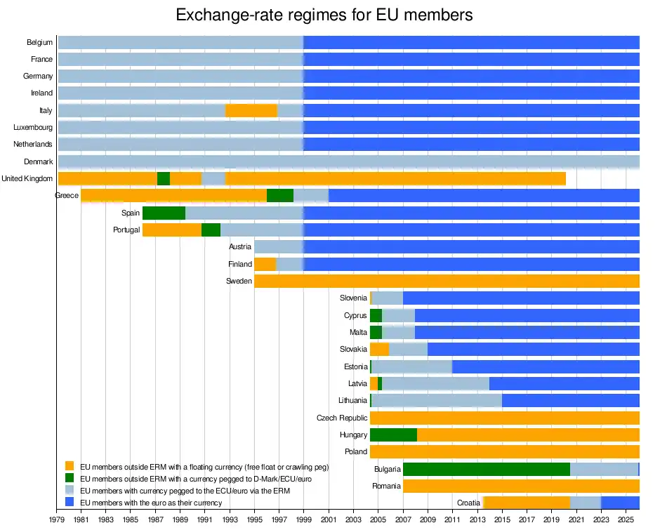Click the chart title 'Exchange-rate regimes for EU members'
[x=324, y=15]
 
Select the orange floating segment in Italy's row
[x=251, y=110]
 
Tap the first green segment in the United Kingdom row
[x=164, y=178]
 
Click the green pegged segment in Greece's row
[x=280, y=195]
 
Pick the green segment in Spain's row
[x=164, y=213]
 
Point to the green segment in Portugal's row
[x=211, y=230]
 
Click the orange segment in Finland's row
[x=265, y=264]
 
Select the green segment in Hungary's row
[x=393, y=435]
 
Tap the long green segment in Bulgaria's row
[x=486, y=469]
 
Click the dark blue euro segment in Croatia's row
[x=620, y=503]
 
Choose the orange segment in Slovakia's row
[x=379, y=349]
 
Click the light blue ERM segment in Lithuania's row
[x=437, y=400]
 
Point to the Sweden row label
[x=239, y=281]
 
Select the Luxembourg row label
[x=33, y=128]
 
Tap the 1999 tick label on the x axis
[x=303, y=519]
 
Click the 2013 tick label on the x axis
[x=477, y=519]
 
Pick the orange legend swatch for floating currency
[x=70, y=466]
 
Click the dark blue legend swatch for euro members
[x=70, y=502]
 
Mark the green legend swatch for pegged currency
[x=70, y=478]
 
